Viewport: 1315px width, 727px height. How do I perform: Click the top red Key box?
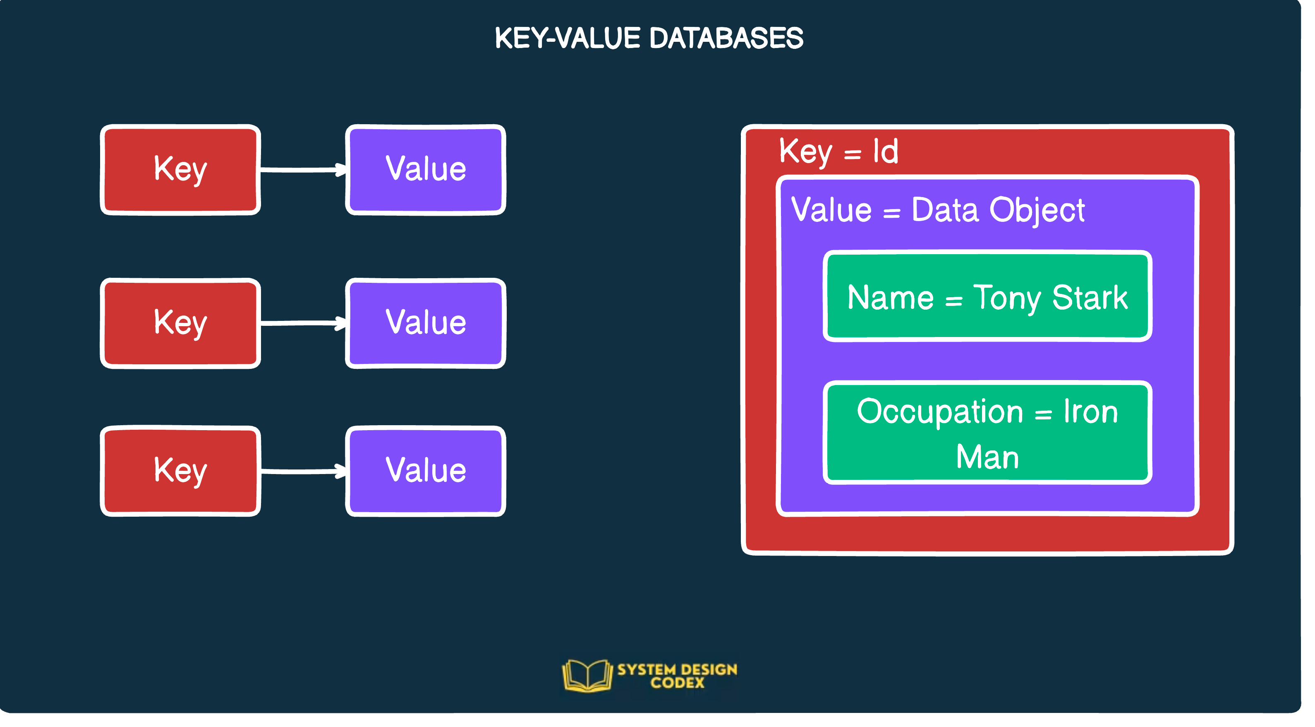point(180,170)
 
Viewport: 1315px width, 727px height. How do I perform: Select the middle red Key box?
point(180,323)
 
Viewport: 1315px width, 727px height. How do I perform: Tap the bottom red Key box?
point(180,471)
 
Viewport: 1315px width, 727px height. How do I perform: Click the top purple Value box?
point(425,170)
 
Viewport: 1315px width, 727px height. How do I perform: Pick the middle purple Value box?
point(425,323)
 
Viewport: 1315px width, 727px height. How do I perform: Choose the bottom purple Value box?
point(425,471)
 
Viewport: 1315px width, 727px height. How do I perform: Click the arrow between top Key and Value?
point(303,170)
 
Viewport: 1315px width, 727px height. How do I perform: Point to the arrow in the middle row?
point(303,323)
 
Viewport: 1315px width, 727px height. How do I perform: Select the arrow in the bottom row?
point(303,471)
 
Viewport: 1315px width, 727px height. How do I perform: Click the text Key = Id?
point(838,152)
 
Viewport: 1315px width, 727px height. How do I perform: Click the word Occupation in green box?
point(940,412)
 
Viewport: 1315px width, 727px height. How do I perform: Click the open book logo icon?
point(587,675)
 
